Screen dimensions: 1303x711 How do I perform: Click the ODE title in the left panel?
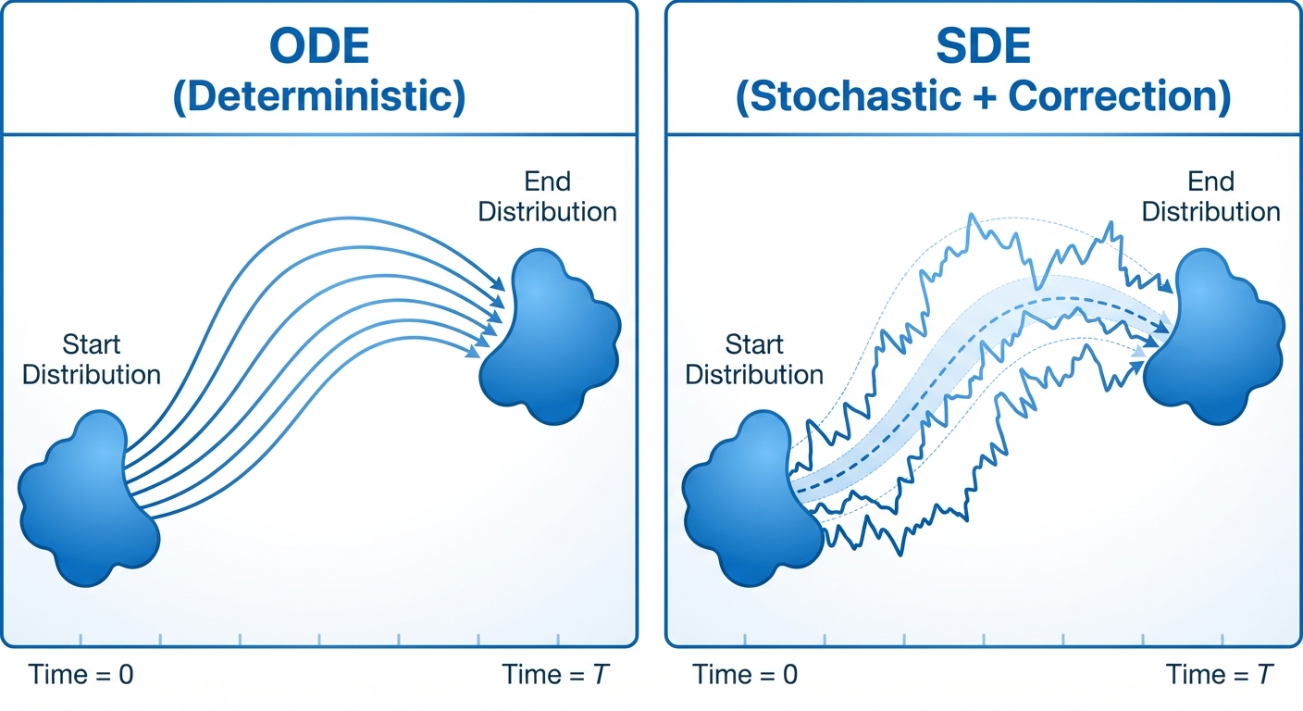tap(319, 45)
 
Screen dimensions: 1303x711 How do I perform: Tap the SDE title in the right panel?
tap(984, 45)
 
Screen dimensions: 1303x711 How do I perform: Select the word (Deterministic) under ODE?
tap(319, 96)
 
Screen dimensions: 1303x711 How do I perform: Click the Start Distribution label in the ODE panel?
tap(92, 359)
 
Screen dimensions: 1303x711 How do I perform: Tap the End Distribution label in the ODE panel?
tap(547, 196)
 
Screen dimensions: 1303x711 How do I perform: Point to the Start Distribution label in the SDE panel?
tap(754, 359)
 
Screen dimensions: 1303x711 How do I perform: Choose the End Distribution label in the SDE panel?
tap(1211, 196)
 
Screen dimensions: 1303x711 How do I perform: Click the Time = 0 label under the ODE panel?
tap(81, 675)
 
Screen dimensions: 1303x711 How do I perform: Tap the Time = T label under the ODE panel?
tap(555, 675)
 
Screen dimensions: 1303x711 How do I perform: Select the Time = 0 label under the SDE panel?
tap(745, 675)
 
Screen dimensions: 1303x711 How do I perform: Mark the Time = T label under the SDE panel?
tap(1220, 675)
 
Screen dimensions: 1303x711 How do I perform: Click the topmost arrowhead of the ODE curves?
tap(498, 284)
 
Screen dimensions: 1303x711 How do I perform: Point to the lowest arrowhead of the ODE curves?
tap(473, 351)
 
